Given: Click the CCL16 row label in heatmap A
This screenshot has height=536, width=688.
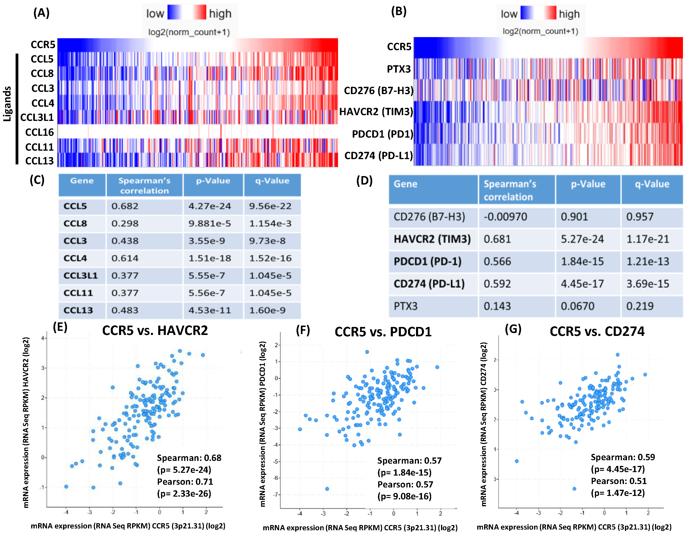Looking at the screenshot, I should [x=39, y=132].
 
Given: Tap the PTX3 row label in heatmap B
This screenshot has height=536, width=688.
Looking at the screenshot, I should [x=399, y=69].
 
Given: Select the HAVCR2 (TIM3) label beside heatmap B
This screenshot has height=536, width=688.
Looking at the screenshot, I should [x=376, y=112].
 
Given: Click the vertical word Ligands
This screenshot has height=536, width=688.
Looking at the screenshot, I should [x=7, y=104].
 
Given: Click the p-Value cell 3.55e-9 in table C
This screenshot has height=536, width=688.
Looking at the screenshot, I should [x=207, y=241].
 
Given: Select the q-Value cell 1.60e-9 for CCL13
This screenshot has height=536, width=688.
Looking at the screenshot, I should [x=267, y=310].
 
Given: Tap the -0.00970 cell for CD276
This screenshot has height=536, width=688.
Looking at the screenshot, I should [x=505, y=217].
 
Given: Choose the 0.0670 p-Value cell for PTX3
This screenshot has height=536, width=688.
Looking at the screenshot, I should [x=577, y=306].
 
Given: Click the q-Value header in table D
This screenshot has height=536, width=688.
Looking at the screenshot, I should [x=652, y=184].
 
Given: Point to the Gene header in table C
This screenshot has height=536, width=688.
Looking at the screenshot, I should [x=82, y=181].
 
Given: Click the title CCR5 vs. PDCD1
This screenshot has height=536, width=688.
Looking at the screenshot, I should [x=383, y=332].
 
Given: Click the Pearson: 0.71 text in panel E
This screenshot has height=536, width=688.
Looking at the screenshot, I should [x=185, y=482].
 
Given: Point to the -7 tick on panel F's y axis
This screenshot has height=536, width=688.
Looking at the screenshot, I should [x=276, y=495].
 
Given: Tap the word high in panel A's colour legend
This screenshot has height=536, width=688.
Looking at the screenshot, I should [x=220, y=14].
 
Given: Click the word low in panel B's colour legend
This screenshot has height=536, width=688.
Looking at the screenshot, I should [x=509, y=14].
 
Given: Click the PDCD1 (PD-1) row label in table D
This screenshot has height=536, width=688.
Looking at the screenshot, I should [x=427, y=261].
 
